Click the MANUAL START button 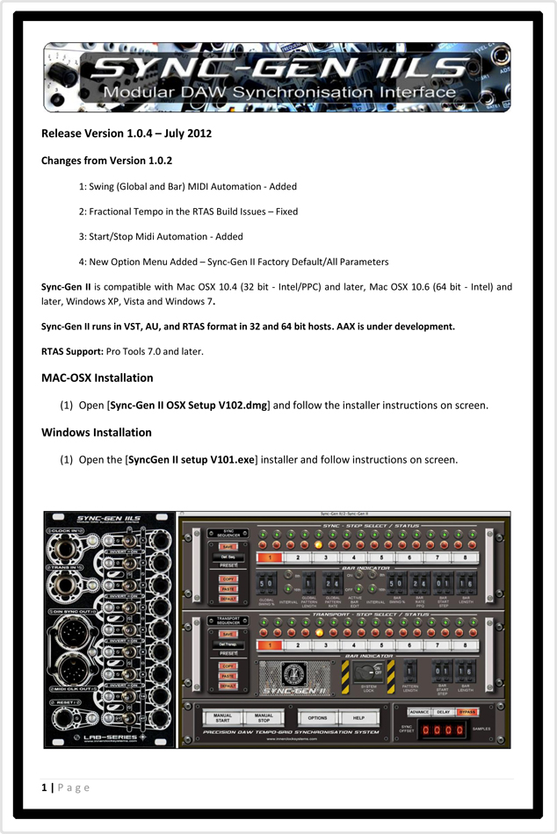(x=223, y=719)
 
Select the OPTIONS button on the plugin (x=317, y=718)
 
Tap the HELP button (x=358, y=718)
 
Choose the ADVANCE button (x=420, y=712)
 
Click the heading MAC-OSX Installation (x=97, y=377)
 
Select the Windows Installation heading (x=97, y=432)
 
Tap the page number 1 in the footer (x=44, y=787)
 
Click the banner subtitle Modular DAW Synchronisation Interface (x=278, y=94)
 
